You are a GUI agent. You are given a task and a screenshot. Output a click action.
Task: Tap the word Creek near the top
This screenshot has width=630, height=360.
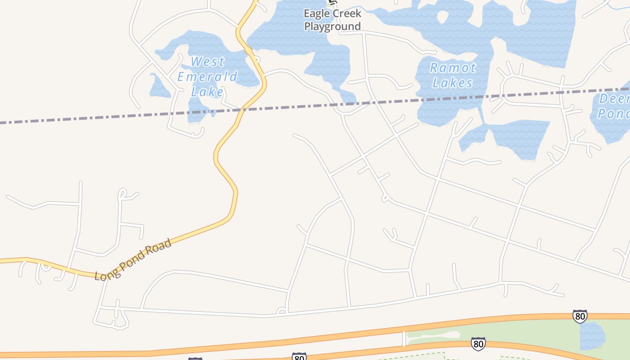click(x=346, y=14)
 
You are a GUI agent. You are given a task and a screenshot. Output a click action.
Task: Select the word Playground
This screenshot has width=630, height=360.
click(x=333, y=27)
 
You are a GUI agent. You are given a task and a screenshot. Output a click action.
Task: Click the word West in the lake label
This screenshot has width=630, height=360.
click(x=207, y=62)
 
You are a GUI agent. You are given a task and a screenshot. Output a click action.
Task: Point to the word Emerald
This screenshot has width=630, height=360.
click(x=207, y=76)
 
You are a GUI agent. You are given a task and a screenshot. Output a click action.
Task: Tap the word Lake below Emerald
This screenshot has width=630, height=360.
click(x=207, y=92)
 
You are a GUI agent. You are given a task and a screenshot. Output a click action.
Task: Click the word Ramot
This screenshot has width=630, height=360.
click(x=453, y=68)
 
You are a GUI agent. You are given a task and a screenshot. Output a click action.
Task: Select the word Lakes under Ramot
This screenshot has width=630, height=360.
click(x=453, y=83)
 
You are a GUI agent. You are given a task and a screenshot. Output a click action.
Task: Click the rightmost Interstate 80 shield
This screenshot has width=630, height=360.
click(x=580, y=316)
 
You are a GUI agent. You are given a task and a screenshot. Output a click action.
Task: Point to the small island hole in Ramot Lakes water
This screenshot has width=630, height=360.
click(x=443, y=17)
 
